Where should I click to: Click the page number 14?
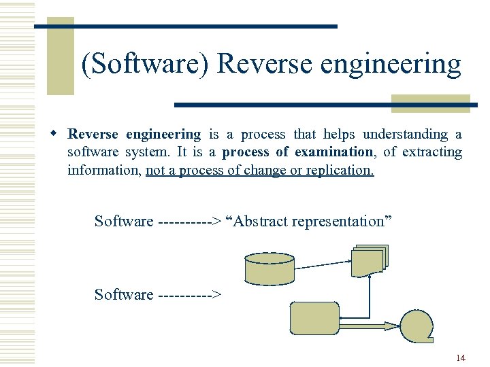point(461,358)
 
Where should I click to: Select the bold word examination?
point(333,152)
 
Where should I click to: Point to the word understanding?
point(408,135)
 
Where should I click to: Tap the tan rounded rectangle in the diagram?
point(314,318)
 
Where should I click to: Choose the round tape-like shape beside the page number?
point(416,326)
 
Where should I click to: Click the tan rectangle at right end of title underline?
point(430,103)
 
